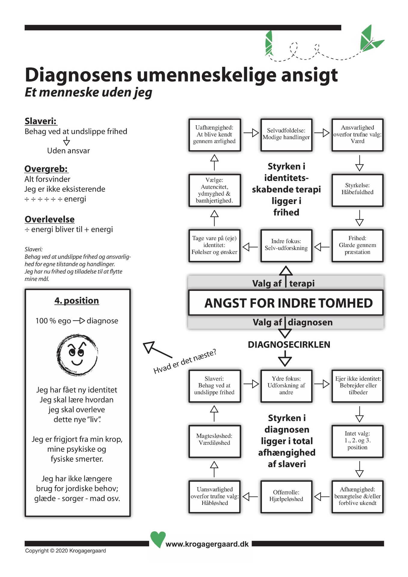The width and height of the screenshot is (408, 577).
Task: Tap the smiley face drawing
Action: pos(77,355)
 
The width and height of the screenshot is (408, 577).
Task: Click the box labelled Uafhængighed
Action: pos(214,135)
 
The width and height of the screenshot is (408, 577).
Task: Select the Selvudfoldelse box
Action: pos(286,134)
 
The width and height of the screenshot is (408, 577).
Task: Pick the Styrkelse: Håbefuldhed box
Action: pos(357,190)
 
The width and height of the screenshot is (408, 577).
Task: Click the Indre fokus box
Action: pos(286,245)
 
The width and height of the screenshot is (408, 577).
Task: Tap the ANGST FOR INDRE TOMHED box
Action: pos(286,303)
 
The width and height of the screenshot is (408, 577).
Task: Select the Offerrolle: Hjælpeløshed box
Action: pos(286,496)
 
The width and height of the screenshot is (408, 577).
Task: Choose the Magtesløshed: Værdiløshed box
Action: pos(214,441)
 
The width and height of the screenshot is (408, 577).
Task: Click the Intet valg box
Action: pos(357,441)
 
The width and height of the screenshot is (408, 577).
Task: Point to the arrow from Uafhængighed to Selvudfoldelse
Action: pos(251,133)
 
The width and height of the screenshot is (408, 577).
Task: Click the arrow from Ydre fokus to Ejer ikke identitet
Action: pos(322,384)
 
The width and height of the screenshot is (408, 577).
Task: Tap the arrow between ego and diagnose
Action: pos(79,321)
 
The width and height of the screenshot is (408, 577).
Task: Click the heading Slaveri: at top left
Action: pos(41,121)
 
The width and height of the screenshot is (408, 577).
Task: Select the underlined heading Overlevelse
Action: pos(50,219)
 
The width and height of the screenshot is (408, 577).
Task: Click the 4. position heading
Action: pos(77,301)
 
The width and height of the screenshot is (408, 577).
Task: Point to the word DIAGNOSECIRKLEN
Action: pos(289,345)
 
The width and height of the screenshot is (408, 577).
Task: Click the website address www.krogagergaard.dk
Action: pos(207,544)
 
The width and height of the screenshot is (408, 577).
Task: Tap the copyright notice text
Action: pos(66,551)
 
